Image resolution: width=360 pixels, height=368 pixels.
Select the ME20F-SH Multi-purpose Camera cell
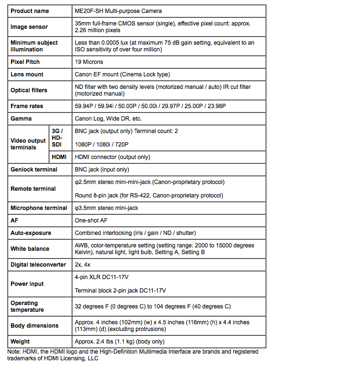click(x=118, y=11)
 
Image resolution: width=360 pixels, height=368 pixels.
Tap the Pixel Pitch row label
click(x=25, y=62)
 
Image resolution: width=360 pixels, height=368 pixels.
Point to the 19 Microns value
click(x=89, y=62)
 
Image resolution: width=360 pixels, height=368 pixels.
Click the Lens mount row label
click(x=27, y=74)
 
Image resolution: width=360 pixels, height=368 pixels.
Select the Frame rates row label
click(x=27, y=106)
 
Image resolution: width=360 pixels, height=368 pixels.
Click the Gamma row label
click(x=21, y=119)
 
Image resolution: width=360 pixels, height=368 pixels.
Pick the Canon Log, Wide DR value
click(x=108, y=119)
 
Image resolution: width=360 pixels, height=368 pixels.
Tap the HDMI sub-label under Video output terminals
click(x=60, y=157)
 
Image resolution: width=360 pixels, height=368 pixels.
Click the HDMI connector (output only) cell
click(x=112, y=157)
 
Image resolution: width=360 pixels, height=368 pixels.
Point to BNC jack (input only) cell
click(x=102, y=170)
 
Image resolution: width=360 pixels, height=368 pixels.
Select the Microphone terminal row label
click(x=39, y=208)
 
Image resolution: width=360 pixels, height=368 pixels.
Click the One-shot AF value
click(x=91, y=221)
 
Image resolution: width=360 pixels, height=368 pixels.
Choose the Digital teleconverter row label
click(x=38, y=265)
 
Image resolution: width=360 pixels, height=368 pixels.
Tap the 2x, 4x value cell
click(x=83, y=265)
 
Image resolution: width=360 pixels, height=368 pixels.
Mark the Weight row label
click(x=20, y=342)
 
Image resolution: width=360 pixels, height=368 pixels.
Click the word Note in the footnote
click(x=14, y=352)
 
